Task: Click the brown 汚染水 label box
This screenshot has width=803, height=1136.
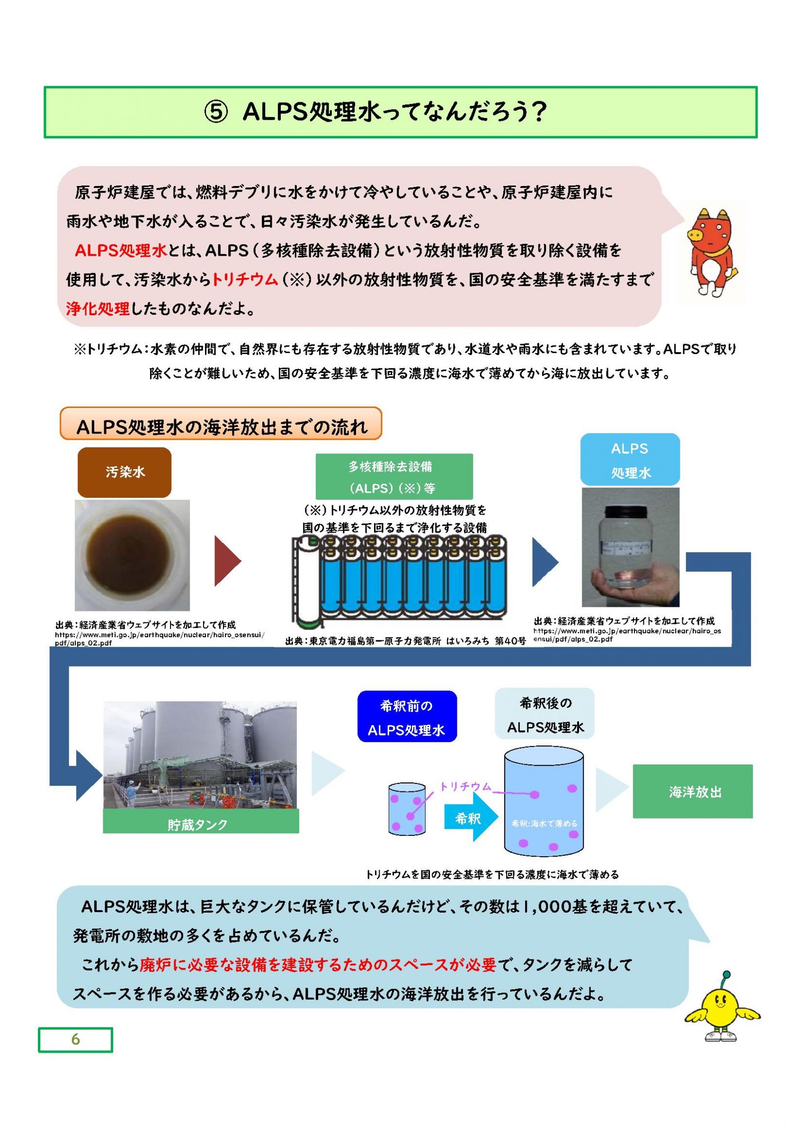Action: pyautogui.click(x=124, y=472)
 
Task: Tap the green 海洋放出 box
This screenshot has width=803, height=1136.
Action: pyautogui.click(x=693, y=791)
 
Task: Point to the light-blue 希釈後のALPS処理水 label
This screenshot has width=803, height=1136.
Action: pyautogui.click(x=545, y=713)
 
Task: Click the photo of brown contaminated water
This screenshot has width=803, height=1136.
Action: pyautogui.click(x=132, y=555)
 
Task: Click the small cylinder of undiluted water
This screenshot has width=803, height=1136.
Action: pyautogui.click(x=407, y=808)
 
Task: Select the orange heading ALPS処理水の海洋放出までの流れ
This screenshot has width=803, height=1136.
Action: pyautogui.click(x=221, y=424)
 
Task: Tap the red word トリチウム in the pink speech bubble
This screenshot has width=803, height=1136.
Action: pyautogui.click(x=244, y=280)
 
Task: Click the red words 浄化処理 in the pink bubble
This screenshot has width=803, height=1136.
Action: pyautogui.click(x=98, y=309)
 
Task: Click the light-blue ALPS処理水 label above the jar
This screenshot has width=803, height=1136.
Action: pyautogui.click(x=630, y=460)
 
